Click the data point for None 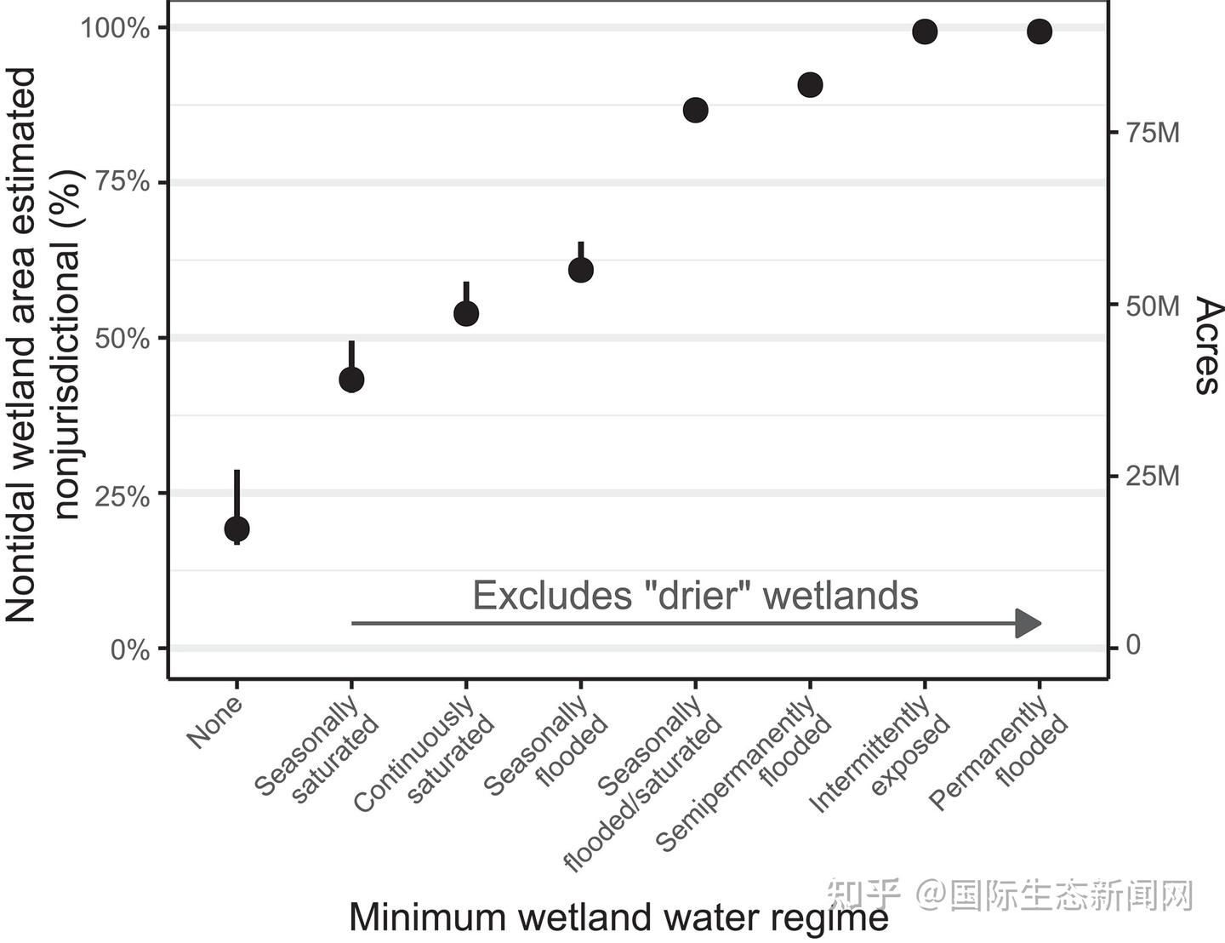click(236, 529)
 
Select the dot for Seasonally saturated click(351, 380)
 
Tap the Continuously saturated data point click(466, 313)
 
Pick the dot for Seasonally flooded click(581, 270)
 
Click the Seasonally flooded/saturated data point click(696, 110)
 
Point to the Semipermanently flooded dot click(810, 84)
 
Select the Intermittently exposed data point click(925, 31)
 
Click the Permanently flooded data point click(1040, 31)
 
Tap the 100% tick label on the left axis click(116, 27)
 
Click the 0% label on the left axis click(130, 649)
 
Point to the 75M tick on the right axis click(1153, 133)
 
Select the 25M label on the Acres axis click(1153, 476)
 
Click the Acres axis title click(1207, 346)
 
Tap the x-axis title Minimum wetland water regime click(619, 917)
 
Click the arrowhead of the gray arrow click(1028, 623)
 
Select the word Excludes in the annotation click(552, 596)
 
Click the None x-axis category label click(215, 722)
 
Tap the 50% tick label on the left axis click(122, 339)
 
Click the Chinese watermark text click(1009, 895)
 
